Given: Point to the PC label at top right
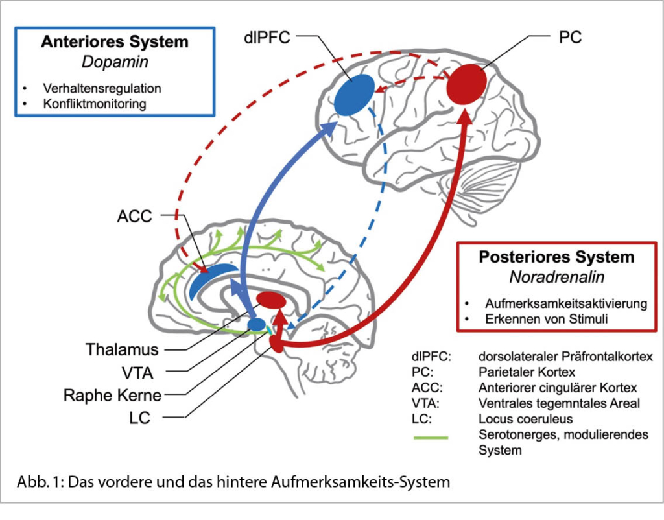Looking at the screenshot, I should click(x=570, y=37).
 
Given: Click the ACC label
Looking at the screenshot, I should click(x=135, y=215).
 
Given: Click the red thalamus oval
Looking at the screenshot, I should click(x=272, y=300).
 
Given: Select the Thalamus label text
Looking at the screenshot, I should click(x=122, y=350).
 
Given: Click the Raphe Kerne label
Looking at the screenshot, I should click(x=112, y=395).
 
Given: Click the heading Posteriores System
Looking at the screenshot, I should click(x=556, y=257).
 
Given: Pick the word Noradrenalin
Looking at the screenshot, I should click(x=556, y=278).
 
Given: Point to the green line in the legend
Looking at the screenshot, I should click(x=431, y=438).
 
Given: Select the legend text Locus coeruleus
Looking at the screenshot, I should click(x=526, y=420).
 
